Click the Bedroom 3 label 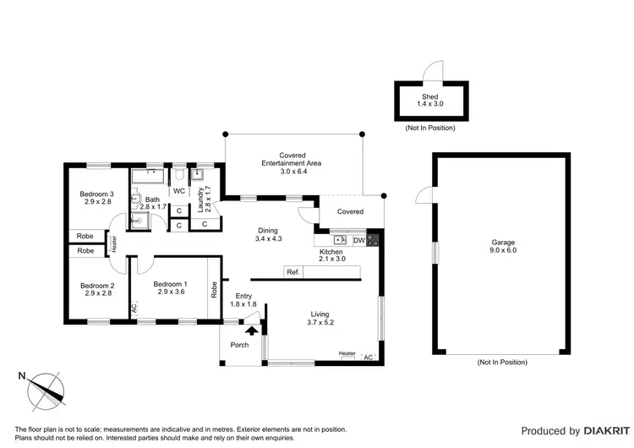tap(98, 197)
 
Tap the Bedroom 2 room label tap(98, 288)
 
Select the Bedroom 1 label tap(170, 288)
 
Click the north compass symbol tap(45, 391)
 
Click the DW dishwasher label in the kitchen tap(358, 241)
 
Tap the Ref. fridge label tap(293, 272)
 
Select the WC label tap(179, 191)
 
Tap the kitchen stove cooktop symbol tap(374, 241)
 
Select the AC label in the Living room tap(368, 357)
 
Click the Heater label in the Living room tap(347, 353)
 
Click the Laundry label tap(201, 198)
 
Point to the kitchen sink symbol tap(340, 241)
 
